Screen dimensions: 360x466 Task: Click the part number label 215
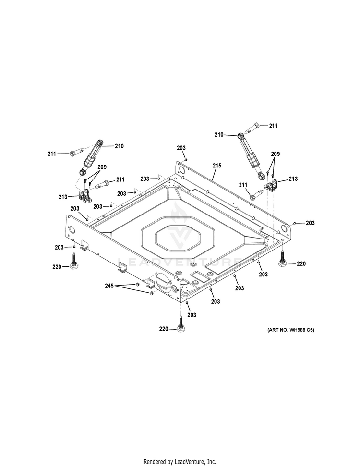(217, 166)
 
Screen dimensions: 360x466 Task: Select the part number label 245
(109, 286)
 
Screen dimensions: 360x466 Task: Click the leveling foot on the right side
(282, 259)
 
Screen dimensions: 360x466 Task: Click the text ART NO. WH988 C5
(291, 330)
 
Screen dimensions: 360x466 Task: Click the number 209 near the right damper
(275, 154)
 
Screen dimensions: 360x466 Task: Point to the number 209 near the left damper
(102, 167)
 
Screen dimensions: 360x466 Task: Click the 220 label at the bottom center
(164, 329)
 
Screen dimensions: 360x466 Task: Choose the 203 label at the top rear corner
(181, 148)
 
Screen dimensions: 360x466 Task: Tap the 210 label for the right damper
(219, 135)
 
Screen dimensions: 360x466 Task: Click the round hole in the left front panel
(72, 229)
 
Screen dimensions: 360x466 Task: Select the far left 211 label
(52, 154)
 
